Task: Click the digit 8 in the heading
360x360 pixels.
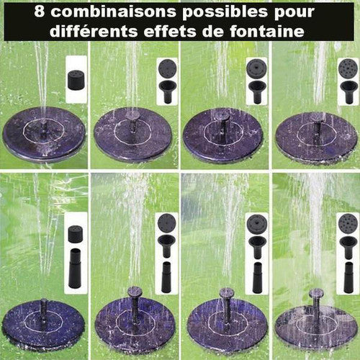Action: click(40, 12)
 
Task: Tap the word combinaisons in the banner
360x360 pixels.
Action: click(114, 12)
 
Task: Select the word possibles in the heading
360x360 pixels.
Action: click(225, 12)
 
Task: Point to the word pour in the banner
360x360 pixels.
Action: click(294, 13)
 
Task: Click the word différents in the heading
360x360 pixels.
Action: click(94, 31)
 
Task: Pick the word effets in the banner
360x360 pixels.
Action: click(170, 31)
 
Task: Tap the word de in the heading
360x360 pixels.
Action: click(213, 31)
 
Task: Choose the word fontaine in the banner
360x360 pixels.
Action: click(267, 31)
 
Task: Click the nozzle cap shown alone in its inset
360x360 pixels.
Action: click(76, 79)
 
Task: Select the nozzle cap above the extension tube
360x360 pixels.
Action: click(76, 234)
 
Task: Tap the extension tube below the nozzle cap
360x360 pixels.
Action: click(76, 268)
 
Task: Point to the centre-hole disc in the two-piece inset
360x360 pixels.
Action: click(256, 68)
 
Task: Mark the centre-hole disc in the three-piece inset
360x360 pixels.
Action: click(256, 222)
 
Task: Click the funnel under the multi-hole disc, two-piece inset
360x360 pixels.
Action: click(347, 92)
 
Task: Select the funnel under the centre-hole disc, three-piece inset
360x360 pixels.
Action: click(257, 247)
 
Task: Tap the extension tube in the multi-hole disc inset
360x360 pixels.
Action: click(348, 277)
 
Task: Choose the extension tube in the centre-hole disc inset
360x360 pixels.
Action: click(257, 278)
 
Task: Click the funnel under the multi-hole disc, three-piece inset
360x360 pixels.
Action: click(347, 247)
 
